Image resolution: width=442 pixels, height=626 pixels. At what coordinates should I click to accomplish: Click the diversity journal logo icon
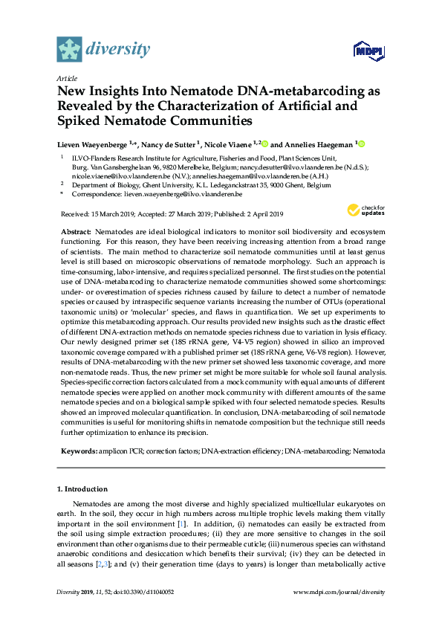point(69,49)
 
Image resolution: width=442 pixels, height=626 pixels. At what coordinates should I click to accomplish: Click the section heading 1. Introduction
point(82,488)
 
